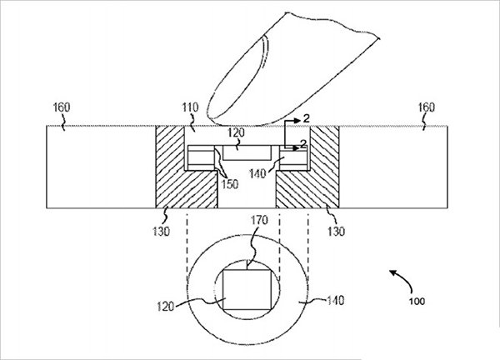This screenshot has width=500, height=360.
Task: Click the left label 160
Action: click(x=62, y=107)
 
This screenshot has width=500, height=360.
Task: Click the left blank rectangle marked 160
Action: click(x=100, y=167)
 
